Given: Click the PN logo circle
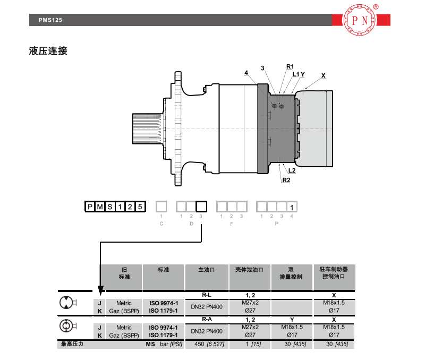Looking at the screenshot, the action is click(x=360, y=20).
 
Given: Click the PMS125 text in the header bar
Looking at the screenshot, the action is click(x=50, y=20).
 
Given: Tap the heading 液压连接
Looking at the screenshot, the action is click(x=48, y=51).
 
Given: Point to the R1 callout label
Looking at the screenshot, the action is click(x=290, y=66).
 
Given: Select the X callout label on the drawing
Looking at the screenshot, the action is click(x=323, y=75).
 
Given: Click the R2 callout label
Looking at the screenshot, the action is click(x=286, y=180).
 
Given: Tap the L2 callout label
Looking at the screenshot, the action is click(x=292, y=170).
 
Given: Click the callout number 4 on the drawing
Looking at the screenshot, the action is click(x=246, y=73).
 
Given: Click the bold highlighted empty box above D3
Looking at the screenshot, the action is click(x=201, y=207).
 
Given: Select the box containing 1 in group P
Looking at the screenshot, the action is click(x=292, y=207).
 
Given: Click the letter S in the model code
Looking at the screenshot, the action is click(x=110, y=207).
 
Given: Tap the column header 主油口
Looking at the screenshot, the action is click(x=207, y=270).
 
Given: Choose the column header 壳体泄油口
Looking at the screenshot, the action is click(x=249, y=270).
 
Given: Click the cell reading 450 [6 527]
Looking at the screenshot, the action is click(x=209, y=344).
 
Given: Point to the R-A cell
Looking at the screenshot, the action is click(x=207, y=319).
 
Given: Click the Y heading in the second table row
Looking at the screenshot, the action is click(x=292, y=320).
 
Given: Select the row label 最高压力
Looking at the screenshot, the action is click(x=72, y=344).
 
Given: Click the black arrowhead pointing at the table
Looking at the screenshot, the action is click(x=100, y=290).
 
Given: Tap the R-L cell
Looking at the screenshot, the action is click(x=207, y=295).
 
